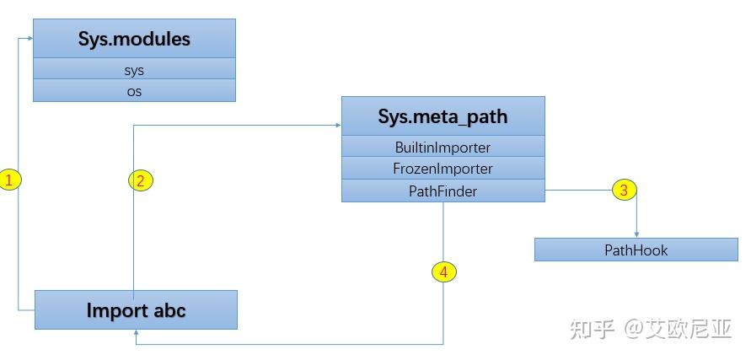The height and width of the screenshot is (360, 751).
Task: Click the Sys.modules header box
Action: coord(134,39)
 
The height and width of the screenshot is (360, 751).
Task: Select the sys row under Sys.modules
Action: coord(134,70)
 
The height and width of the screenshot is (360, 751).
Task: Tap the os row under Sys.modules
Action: coord(134,91)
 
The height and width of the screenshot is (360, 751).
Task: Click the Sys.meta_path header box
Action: coord(443,116)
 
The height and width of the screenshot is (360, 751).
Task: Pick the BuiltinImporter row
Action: coord(443,148)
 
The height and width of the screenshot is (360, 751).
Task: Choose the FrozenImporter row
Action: coord(443,169)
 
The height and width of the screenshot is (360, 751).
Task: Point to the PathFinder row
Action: coord(443,191)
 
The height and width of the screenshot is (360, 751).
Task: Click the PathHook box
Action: coord(636,250)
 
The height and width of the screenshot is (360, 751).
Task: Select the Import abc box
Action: coord(136,310)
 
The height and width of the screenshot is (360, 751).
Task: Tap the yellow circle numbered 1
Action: coord(9,180)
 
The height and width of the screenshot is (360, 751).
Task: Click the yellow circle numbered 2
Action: coord(141,180)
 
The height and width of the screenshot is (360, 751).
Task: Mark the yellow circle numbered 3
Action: coord(624,190)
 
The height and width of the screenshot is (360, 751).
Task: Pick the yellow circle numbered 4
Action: coord(444,271)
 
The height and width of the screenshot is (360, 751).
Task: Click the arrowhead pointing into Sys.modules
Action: coord(30,37)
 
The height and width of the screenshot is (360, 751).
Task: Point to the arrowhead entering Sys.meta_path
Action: coord(337,126)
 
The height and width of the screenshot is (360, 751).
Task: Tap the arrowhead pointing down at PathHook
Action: coord(636,234)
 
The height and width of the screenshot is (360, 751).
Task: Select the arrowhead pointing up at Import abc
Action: coord(136,333)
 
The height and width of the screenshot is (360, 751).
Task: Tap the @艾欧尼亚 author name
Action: coord(678,329)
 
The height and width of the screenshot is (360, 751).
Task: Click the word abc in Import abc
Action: coord(169,310)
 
